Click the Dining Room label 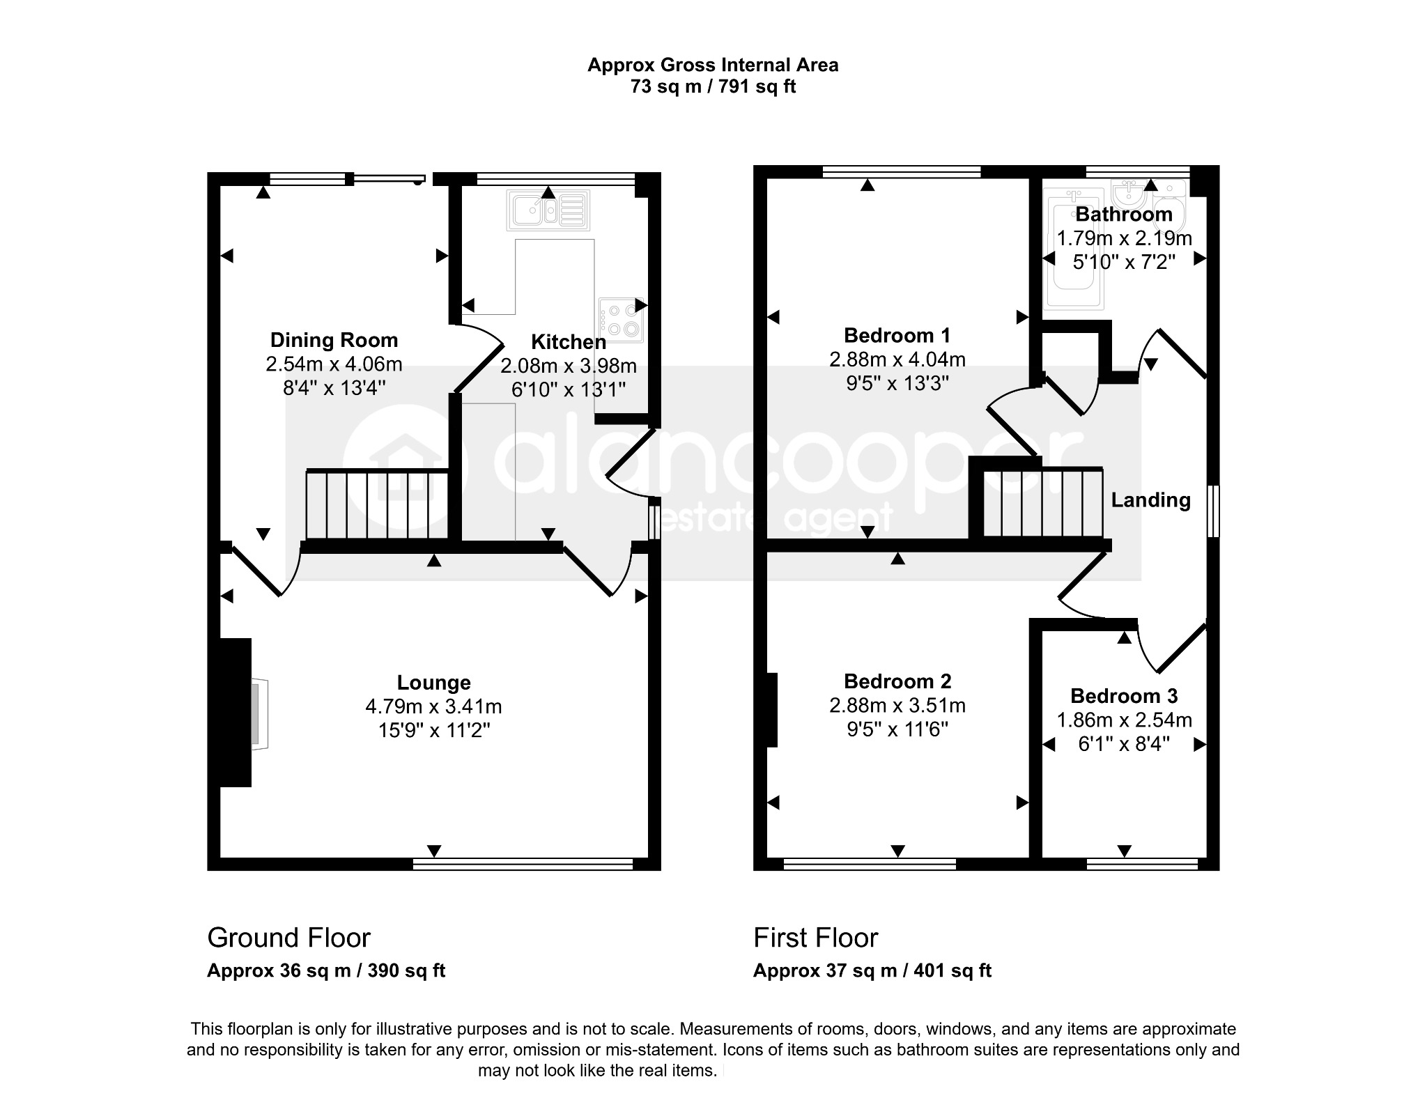(334, 340)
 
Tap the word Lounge (433, 683)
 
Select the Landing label (1150, 500)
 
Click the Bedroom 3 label (1124, 696)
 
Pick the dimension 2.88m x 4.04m (897, 359)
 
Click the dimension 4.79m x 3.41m (433, 706)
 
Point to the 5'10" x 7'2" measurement (1124, 262)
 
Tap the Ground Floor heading (288, 938)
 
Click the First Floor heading (815, 938)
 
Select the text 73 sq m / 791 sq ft (713, 86)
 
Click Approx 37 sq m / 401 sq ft (872, 970)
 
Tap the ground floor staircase (377, 505)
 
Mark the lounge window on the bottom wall (523, 865)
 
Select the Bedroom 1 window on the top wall (902, 171)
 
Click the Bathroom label (1124, 214)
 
